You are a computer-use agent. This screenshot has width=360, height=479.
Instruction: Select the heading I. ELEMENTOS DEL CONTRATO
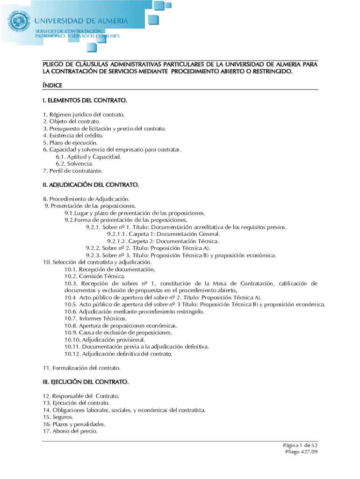pos(85,101)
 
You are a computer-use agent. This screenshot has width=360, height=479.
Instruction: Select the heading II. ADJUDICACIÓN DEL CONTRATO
pos(91,185)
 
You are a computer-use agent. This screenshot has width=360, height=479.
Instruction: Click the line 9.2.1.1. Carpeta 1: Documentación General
pos(163,234)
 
